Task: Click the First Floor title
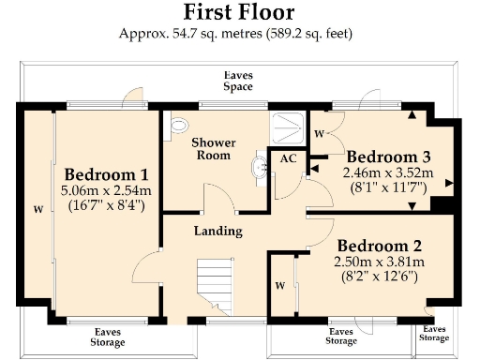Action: [x=239, y=12]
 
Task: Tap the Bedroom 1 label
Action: [x=105, y=174]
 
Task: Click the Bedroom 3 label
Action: [x=388, y=156]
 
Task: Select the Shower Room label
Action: [x=214, y=149]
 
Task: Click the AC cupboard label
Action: [x=288, y=159]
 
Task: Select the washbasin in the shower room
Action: [x=259, y=168]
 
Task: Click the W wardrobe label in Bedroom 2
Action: [x=280, y=284]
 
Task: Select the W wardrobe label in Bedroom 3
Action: [x=319, y=133]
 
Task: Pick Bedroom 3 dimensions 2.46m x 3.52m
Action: [x=386, y=172]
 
